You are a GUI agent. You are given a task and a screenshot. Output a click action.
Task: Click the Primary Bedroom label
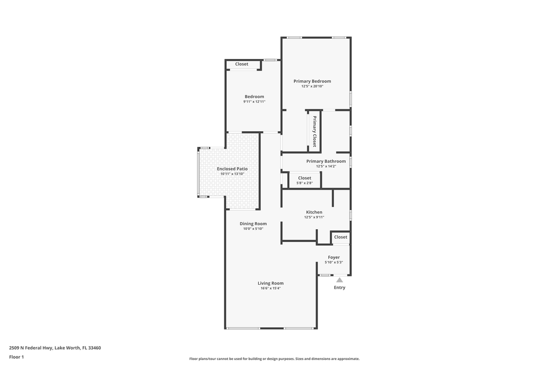coord(312,81)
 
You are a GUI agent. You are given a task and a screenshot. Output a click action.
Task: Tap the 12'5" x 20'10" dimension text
coord(312,86)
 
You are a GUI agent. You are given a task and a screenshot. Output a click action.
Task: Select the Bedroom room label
coord(254,97)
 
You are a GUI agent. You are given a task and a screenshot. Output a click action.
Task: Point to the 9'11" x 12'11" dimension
coord(254,102)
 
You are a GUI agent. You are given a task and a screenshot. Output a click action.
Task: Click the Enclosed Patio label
coord(232,169)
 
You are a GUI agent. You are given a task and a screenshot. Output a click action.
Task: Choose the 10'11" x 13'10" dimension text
coord(232,174)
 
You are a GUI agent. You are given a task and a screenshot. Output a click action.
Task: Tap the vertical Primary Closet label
coord(315,132)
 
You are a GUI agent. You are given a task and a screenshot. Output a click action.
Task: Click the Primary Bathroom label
coord(326,161)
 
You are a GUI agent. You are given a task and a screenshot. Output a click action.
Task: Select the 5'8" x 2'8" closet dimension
coord(304,183)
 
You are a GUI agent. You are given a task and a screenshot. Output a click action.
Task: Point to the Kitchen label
coord(314,212)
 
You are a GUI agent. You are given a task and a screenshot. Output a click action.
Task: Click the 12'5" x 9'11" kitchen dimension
coord(314,217)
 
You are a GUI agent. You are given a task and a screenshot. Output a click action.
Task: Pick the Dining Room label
coord(253,224)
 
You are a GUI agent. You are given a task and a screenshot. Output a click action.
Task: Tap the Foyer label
coord(334,257)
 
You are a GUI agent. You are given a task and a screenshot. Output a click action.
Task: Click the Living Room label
coord(270,283)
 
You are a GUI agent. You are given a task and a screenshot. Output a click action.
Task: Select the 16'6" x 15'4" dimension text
coord(270,288)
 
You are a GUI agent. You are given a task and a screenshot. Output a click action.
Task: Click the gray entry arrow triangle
coord(340,280)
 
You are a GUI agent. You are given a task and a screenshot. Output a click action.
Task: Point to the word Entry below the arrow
coord(340,288)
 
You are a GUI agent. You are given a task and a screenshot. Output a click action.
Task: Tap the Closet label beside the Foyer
coord(341,237)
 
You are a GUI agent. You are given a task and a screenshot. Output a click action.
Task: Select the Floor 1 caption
coord(16,357)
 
